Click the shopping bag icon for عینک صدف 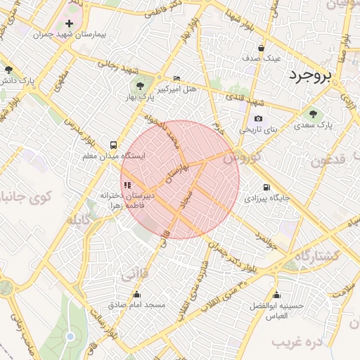tap(262, 49)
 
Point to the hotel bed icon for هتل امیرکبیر tap(176, 78)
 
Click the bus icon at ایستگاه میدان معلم tap(113, 143)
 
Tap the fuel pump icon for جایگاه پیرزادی tap(266, 187)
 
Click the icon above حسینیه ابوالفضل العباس tap(276, 295)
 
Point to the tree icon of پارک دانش tap(9, 70)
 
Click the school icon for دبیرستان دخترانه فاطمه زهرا tap(127, 185)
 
